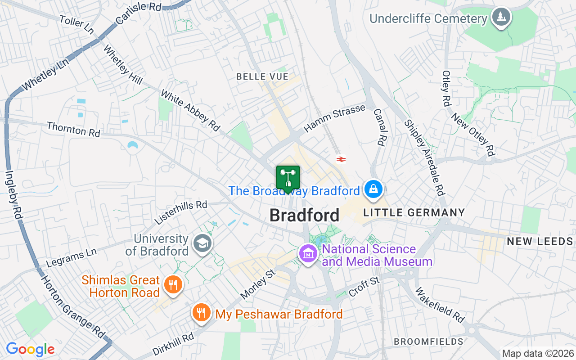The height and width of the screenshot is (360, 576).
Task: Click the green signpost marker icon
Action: tap(288, 178)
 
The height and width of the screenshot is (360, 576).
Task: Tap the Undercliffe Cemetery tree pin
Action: tap(500, 18)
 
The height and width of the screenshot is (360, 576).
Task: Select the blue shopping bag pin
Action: tap(373, 189)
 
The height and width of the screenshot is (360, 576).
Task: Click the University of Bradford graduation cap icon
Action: tap(202, 244)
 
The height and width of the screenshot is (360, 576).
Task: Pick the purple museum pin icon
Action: tap(308, 254)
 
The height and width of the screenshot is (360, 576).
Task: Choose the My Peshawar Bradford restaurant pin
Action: tap(201, 312)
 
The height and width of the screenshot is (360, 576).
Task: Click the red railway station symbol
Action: tap(341, 159)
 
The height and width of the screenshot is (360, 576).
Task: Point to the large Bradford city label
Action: tap(304, 216)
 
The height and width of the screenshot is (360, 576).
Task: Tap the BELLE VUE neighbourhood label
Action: tap(262, 77)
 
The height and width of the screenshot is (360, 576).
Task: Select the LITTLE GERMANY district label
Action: tap(414, 212)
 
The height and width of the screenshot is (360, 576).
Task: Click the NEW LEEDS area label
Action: tap(540, 242)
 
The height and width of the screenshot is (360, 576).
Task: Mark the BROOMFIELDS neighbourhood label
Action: tap(428, 342)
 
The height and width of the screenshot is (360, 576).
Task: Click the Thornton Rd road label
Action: tap(73, 129)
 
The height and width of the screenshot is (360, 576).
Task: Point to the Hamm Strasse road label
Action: tap(334, 118)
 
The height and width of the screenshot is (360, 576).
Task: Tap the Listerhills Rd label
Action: tap(181, 212)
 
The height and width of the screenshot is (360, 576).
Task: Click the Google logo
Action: tap(30, 349)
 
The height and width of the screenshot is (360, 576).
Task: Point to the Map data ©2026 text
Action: tap(538, 354)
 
